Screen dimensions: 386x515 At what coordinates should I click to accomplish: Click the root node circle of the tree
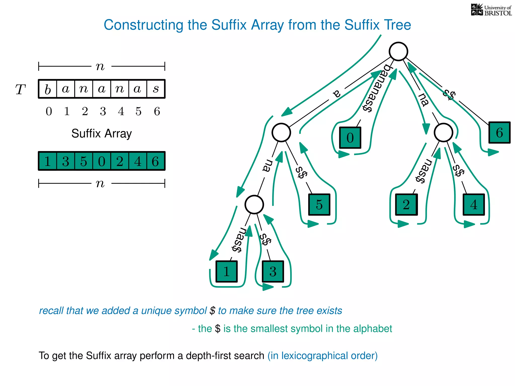pos(398,52)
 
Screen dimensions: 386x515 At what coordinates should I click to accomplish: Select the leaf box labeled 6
pos(499,132)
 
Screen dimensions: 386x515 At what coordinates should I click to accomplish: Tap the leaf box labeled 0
pos(350,138)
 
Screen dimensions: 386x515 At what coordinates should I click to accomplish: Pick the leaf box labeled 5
pos(319,204)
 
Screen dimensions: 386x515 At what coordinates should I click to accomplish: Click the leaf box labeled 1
pos(226,271)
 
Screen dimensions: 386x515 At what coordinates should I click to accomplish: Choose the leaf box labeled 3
pos(273,271)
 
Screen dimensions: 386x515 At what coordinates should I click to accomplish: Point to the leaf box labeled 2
pos(406,204)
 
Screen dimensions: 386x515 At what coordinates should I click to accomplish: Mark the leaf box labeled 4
pos(474,204)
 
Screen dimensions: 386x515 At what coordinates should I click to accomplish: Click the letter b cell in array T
pos(48,89)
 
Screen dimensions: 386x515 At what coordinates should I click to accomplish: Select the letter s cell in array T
pos(156,89)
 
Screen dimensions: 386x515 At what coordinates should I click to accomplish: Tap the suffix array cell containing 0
pos(102,161)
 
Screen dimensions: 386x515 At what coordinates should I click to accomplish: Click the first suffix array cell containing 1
pos(48,161)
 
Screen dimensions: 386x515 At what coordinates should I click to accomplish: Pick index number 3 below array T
pos(103,111)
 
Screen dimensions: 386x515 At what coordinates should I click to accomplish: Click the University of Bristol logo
pos(491,10)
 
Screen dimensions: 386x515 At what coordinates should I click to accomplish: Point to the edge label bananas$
pos(376,88)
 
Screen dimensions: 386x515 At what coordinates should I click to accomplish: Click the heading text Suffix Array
pos(101,133)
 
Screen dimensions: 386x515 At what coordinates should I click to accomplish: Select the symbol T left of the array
pos(20,89)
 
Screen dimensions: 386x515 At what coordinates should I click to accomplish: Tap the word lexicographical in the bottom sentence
pos(315,356)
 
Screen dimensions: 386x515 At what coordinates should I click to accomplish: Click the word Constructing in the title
pos(143,25)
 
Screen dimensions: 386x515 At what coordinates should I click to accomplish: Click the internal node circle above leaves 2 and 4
pos(443,132)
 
